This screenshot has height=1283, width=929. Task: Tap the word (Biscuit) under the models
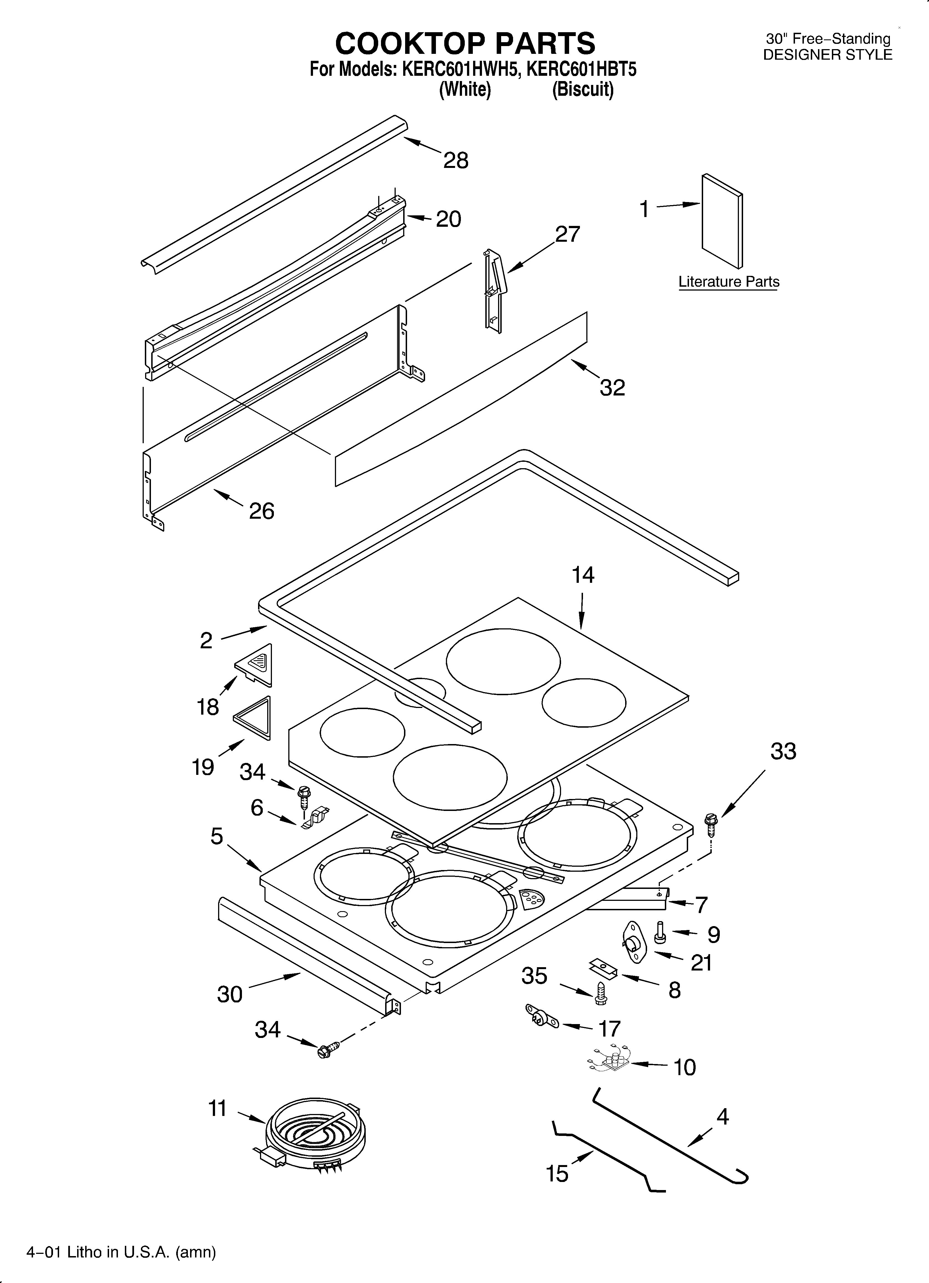click(x=583, y=89)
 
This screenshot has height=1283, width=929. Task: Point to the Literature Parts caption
click(x=729, y=282)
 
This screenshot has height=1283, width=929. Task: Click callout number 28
click(x=456, y=161)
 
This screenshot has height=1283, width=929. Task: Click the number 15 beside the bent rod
click(x=557, y=1174)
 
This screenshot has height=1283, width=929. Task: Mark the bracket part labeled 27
click(x=493, y=290)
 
